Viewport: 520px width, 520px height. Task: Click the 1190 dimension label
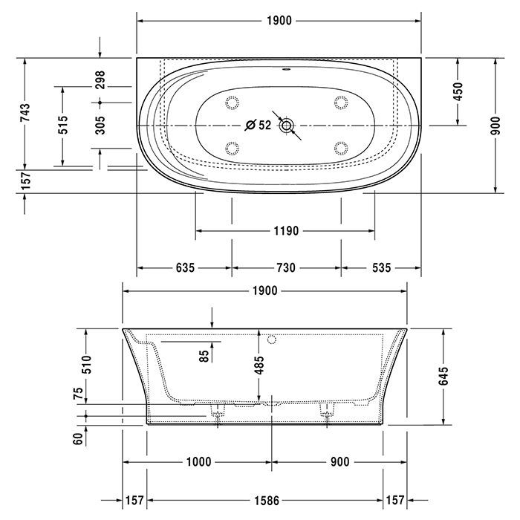pos(285,231)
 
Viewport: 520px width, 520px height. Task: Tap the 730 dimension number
pos(286,267)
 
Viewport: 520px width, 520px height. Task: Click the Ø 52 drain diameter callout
pos(258,126)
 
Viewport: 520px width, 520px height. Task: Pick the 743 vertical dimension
pos(25,112)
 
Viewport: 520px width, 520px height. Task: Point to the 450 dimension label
pos(458,91)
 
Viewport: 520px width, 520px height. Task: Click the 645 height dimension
pos(443,376)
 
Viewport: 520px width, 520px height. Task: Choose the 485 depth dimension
pos(259,364)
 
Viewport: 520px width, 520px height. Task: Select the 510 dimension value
pos(86,364)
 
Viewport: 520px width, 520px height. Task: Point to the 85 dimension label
pos(204,355)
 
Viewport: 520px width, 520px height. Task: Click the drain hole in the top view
pos(286,126)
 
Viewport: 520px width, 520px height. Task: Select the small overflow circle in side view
pos(271,340)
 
